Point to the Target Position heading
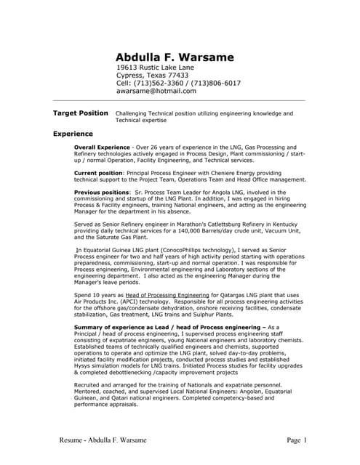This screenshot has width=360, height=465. pyautogui.click(x=81, y=113)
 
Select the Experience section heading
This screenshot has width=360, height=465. pyautogui.click(x=73, y=134)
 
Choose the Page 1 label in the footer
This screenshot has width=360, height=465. pyautogui.click(x=297, y=440)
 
